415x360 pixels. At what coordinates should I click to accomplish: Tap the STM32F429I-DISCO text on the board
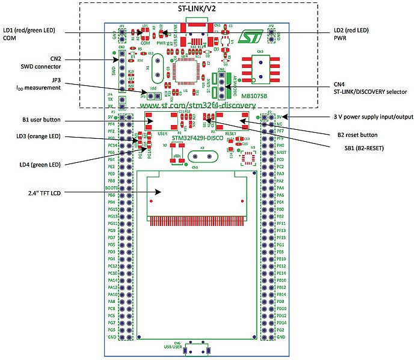click(197, 138)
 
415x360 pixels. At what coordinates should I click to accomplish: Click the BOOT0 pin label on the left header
click(111, 188)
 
